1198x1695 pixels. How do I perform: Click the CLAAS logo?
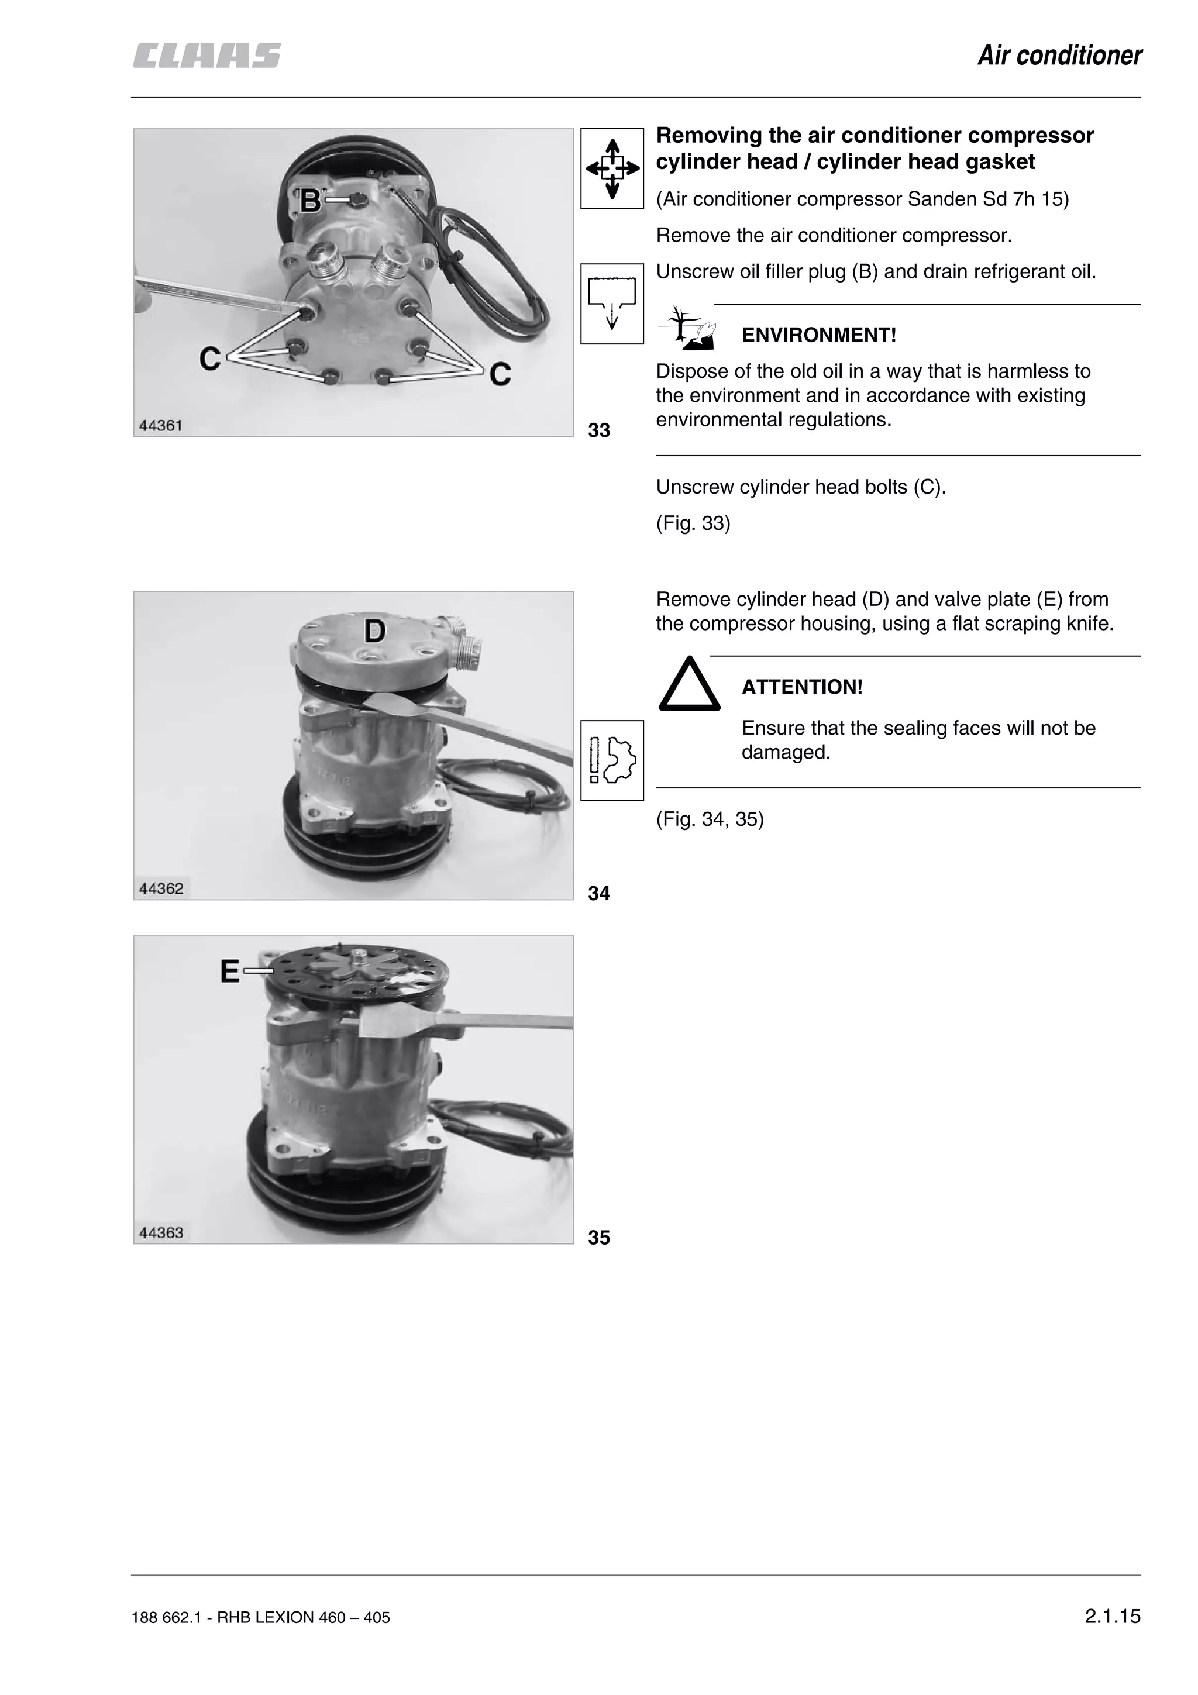pyautogui.click(x=206, y=56)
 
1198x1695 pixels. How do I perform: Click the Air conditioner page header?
pyautogui.click(x=1059, y=56)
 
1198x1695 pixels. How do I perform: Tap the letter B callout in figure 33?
pyautogui.click(x=311, y=201)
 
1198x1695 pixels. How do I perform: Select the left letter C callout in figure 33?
pyautogui.click(x=211, y=360)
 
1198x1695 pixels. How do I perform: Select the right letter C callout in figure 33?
pyautogui.click(x=500, y=375)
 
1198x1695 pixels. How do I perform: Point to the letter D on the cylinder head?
pyautogui.click(x=374, y=631)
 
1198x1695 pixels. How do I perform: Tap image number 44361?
pyautogui.click(x=160, y=425)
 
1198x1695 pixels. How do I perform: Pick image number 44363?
pyautogui.click(x=161, y=1232)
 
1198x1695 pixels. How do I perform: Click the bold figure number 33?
pyautogui.click(x=598, y=430)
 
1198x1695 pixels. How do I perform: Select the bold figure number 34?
pyautogui.click(x=598, y=893)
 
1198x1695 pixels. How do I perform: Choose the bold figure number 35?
pyautogui.click(x=598, y=1237)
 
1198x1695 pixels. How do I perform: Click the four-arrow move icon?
pyautogui.click(x=612, y=168)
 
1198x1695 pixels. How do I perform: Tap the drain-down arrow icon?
pyautogui.click(x=612, y=304)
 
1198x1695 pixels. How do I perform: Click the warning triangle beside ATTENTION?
pyautogui.click(x=690, y=684)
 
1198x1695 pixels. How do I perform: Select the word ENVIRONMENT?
pyautogui.click(x=818, y=335)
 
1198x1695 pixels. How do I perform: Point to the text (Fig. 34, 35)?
pyautogui.click(x=710, y=819)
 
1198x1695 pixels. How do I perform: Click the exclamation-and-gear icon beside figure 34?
pyautogui.click(x=612, y=760)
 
